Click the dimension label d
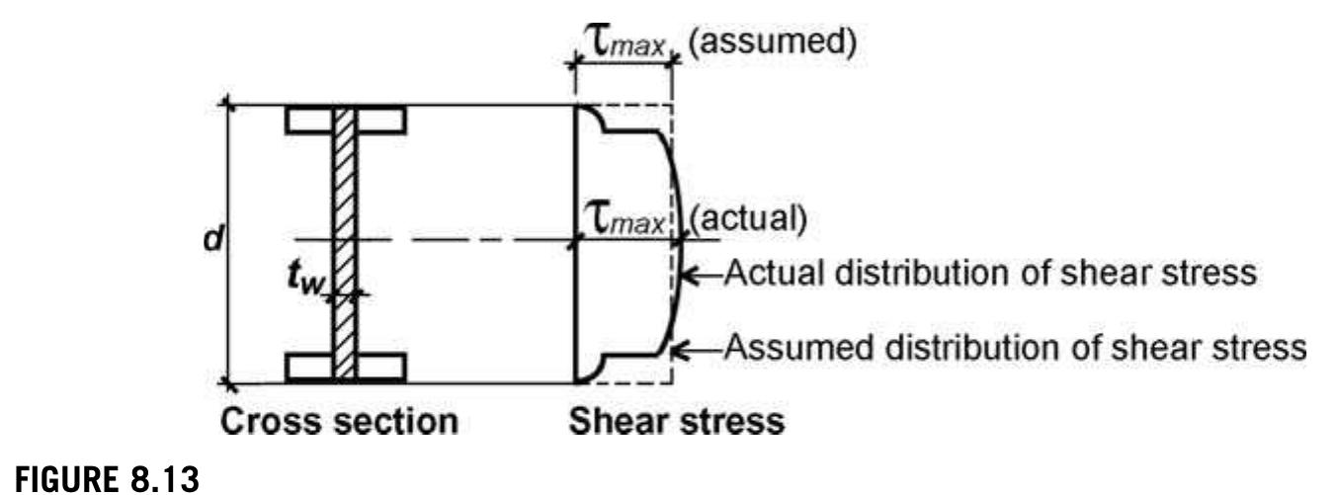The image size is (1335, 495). [x=212, y=239]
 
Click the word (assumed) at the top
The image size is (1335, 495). [x=773, y=41]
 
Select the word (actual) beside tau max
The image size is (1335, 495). [x=748, y=218]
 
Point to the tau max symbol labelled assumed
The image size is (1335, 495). [x=624, y=41]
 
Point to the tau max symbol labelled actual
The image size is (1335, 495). [x=624, y=218]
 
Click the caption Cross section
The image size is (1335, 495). [x=339, y=422]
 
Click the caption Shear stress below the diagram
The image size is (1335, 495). [x=677, y=422]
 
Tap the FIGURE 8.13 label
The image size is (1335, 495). [x=107, y=478]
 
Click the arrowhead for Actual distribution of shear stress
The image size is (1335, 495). [x=689, y=276]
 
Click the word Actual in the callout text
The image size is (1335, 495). [x=776, y=274]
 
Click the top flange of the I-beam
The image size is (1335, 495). [x=346, y=120]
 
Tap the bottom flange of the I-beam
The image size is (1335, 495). [x=346, y=368]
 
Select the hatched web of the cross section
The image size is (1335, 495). [x=345, y=243]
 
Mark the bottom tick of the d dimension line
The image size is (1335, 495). [x=227, y=383]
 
